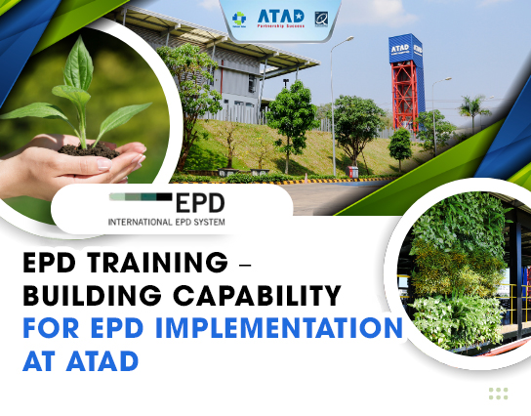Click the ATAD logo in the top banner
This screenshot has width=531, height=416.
[x=280, y=17]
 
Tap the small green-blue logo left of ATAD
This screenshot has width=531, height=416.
[x=239, y=18]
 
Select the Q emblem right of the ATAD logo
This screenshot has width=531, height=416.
[x=322, y=17]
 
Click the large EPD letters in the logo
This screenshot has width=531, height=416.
[x=200, y=203]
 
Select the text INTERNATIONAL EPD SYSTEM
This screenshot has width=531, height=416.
[x=166, y=223]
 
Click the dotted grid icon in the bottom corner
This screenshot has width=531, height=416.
[x=498, y=394]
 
